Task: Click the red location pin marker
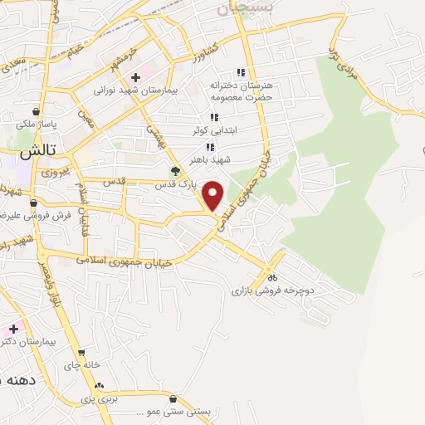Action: coord(213,196)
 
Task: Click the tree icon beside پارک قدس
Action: coord(175,173)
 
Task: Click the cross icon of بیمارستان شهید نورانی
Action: coord(147,76)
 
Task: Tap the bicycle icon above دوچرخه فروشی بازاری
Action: coord(271,278)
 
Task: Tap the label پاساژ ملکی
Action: coord(36,125)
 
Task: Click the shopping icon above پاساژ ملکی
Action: coord(36,111)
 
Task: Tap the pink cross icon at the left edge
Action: coord(13,329)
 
